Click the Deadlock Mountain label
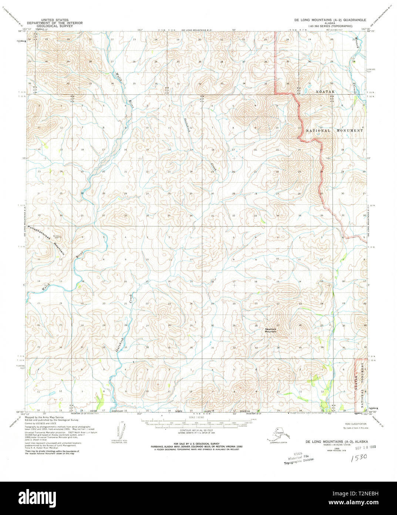[x=270, y=330]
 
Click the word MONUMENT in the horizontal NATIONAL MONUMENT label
[x=350, y=130]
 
